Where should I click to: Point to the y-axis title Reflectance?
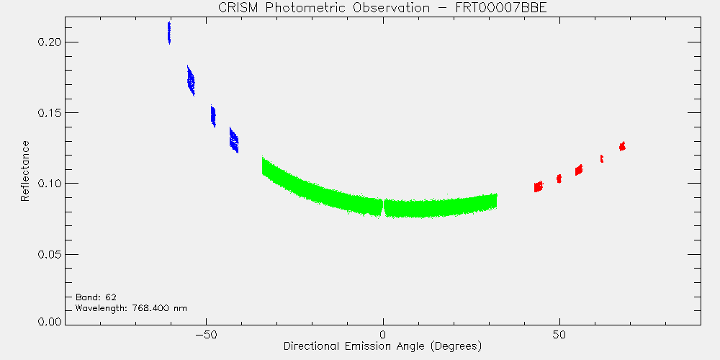24,171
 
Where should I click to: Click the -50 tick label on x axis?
206,334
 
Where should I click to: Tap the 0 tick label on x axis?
383,334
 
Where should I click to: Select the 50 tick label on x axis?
559,334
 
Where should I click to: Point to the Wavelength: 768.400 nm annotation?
131,308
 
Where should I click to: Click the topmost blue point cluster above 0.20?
169,32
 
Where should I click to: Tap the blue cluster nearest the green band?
234,140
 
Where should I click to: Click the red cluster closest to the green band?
539,186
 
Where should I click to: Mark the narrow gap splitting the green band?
383,208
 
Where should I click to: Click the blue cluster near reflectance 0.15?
213,116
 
